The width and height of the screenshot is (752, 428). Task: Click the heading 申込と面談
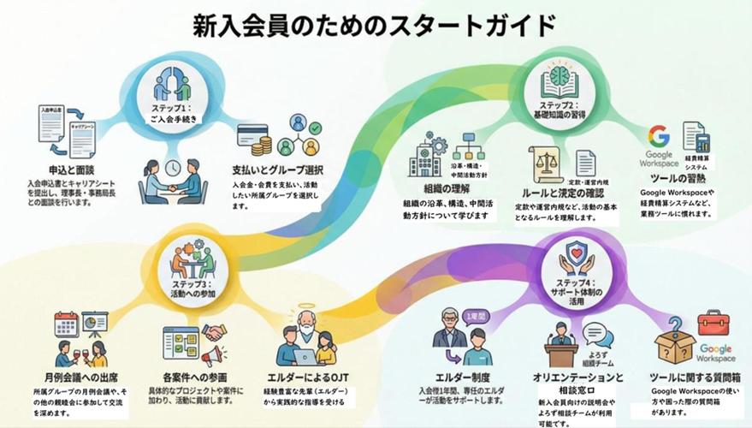tap(70, 170)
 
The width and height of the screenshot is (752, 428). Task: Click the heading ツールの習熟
tap(675, 179)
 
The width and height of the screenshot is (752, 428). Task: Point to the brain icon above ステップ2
tap(560, 79)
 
